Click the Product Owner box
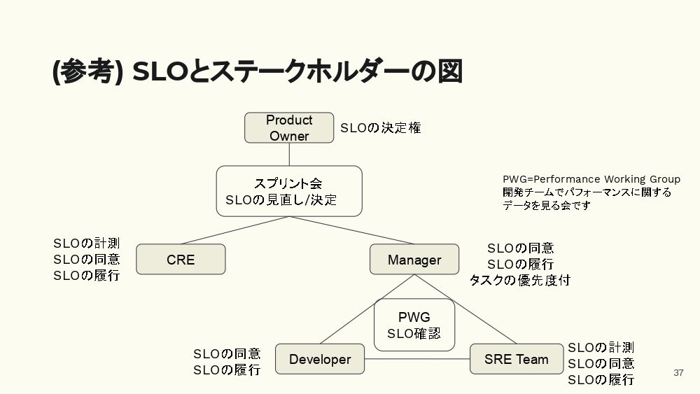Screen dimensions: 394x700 click(289, 128)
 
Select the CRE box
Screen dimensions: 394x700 click(181, 260)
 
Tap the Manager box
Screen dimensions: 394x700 click(414, 260)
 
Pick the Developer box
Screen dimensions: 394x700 click(320, 359)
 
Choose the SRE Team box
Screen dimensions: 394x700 click(516, 359)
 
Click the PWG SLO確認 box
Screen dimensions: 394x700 click(414, 325)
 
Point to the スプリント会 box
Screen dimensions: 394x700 click(288, 191)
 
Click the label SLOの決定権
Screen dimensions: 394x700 click(381, 128)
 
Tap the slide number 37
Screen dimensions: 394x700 click(678, 372)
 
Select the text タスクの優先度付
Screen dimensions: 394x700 click(519, 280)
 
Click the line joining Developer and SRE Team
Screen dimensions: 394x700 click(417, 360)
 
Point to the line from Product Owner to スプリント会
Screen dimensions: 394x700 click(289, 154)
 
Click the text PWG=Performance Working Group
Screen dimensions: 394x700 click(591, 179)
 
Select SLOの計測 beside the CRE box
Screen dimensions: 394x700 click(87, 244)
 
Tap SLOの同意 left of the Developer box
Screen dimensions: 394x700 click(227, 354)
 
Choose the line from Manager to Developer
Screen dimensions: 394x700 click(364, 311)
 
